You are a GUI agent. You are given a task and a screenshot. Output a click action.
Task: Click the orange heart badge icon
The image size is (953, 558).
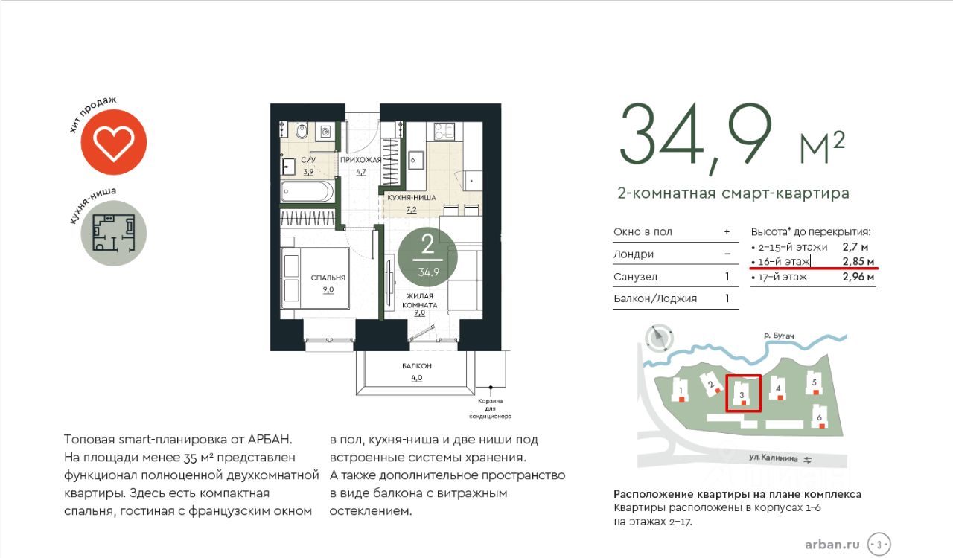click(114, 142)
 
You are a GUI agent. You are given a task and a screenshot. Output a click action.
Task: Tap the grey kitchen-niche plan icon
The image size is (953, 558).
click(114, 233)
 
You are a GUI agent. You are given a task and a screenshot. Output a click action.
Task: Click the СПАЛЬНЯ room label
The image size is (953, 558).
click(328, 278)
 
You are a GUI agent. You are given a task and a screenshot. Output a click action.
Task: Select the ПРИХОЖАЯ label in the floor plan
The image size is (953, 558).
click(360, 160)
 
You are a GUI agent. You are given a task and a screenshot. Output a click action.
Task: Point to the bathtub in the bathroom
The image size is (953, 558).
click(307, 192)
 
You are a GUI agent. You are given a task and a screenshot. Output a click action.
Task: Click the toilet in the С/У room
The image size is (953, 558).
click(302, 130)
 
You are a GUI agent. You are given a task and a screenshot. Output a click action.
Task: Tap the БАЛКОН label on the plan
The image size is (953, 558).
click(416, 366)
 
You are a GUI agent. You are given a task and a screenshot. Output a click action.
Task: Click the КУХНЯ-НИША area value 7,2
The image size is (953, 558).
click(412, 209)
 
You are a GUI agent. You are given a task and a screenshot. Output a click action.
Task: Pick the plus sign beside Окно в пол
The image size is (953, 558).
click(727, 232)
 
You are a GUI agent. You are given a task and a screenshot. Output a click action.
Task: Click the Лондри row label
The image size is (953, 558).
click(633, 254)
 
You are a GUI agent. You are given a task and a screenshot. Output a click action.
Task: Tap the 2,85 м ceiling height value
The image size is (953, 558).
click(858, 262)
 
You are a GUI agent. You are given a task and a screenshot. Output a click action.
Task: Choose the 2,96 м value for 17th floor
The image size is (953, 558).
click(858, 277)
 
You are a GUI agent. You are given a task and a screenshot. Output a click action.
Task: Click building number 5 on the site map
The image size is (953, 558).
click(815, 382)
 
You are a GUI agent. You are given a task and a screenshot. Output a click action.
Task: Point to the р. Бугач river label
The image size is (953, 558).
click(779, 336)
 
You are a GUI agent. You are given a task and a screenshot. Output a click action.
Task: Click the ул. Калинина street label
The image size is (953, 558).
click(773, 458)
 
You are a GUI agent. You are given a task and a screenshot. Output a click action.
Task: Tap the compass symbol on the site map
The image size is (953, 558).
click(659, 338)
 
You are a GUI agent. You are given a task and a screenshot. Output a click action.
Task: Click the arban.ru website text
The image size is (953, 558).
click(832, 545)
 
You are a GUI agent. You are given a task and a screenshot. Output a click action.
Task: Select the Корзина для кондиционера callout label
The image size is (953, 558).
click(490, 408)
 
